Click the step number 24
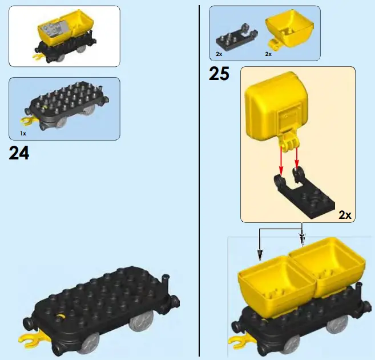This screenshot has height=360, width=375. (19, 153)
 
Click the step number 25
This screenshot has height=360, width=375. (219, 74)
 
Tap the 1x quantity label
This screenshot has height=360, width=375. (23, 133)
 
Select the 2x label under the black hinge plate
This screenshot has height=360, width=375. (219, 54)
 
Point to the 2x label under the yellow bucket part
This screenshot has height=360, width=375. (268, 54)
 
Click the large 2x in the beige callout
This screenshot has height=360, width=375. (345, 215)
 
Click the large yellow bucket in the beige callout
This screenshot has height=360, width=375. (276, 106)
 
